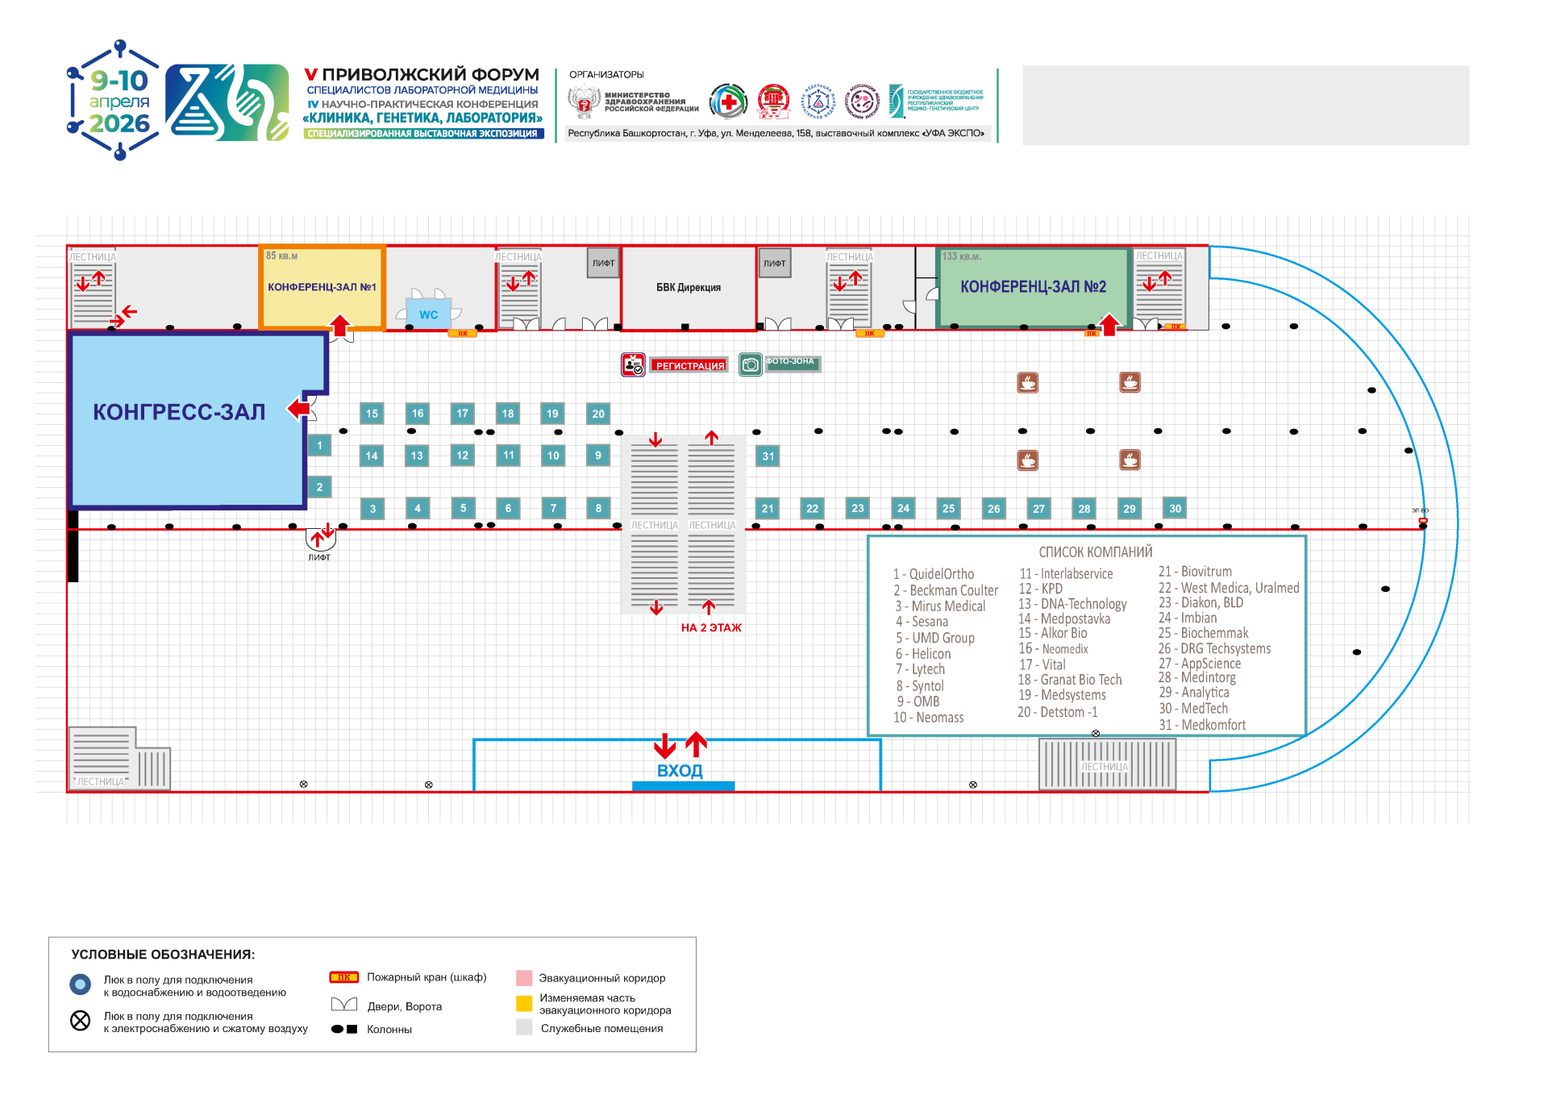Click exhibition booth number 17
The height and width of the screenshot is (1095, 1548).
462,414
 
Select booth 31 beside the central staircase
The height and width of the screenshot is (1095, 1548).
768,456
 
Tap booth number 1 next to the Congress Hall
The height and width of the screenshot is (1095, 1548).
319,445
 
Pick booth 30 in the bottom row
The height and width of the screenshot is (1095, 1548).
1175,508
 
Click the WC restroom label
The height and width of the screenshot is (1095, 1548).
428,314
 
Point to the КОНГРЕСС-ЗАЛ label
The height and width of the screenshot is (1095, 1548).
179,412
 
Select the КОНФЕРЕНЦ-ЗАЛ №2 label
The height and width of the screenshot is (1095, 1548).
1033,287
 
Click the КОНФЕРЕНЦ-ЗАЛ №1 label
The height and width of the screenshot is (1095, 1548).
322,287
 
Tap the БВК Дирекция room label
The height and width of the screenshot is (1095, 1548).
688,288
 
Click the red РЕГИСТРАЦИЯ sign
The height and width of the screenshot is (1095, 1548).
689,366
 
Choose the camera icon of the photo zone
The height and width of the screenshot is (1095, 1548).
751,364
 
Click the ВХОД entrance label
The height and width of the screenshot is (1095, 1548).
680,771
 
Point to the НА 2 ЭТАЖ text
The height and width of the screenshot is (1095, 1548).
711,628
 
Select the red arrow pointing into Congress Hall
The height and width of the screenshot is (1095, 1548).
299,409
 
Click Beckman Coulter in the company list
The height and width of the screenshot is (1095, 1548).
953,590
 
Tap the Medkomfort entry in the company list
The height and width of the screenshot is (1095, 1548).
1213,725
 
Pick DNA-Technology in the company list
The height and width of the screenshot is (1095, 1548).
1083,604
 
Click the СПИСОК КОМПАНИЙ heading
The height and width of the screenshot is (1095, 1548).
1095,552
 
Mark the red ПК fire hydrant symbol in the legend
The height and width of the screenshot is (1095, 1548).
344,977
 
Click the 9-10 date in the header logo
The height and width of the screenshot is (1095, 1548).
119,81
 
